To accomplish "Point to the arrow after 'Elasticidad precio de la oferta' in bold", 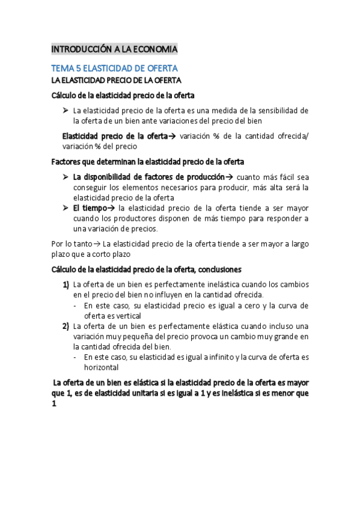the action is tap(171, 136).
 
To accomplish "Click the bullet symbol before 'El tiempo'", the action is tap(66, 208).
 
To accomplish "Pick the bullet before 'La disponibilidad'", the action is tap(66, 177).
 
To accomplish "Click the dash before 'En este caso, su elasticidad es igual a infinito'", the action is tap(75, 357).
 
